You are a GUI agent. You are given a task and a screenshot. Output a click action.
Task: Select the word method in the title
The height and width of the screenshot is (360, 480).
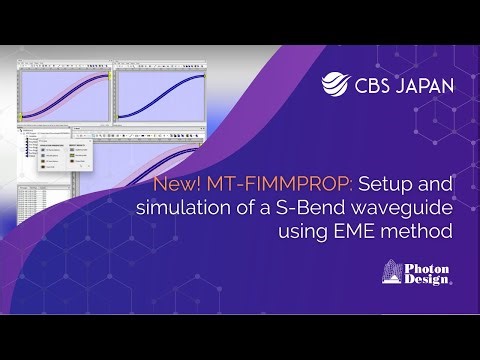[416, 231]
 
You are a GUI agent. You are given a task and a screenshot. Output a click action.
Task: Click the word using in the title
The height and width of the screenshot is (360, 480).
[295, 231]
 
